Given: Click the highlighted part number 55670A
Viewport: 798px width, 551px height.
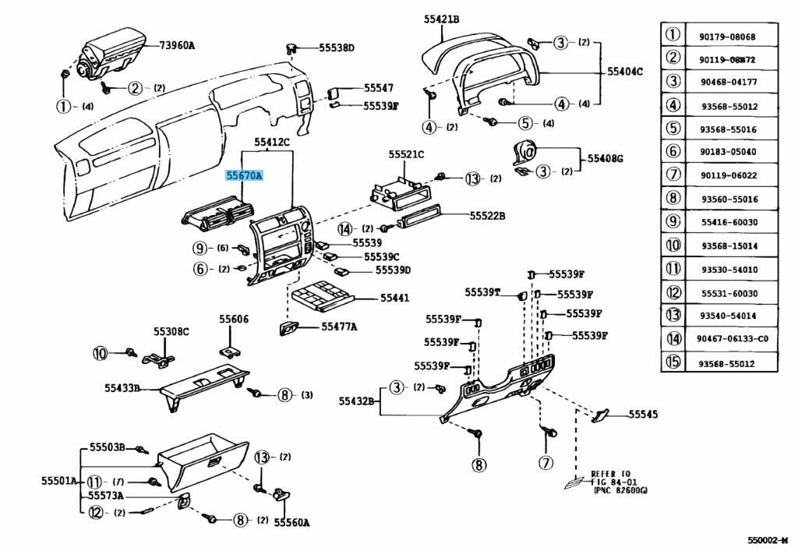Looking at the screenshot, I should [244, 176].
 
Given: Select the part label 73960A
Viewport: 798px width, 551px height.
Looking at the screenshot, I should [177, 45].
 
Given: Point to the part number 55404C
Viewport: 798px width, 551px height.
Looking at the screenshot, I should [625, 72].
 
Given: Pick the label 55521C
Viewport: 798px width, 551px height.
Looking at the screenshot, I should [406, 154].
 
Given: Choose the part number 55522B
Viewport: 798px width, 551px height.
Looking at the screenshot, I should [487, 215].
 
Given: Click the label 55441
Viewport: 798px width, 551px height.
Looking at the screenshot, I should [394, 298].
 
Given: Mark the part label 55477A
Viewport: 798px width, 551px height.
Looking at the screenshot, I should [339, 327].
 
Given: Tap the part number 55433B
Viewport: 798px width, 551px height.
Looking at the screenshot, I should [122, 387].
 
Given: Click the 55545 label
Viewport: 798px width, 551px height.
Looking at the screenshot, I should [643, 415].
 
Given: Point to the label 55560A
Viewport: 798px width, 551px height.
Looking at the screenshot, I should [292, 522].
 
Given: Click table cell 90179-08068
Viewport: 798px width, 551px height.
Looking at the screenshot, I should [727, 37].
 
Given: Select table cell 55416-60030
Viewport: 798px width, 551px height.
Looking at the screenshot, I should [727, 223].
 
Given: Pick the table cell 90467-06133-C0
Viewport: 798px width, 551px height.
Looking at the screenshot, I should [733, 339].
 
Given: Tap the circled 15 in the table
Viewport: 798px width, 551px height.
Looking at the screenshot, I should [673, 362].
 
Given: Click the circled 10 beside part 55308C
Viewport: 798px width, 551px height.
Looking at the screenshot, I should [101, 353].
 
